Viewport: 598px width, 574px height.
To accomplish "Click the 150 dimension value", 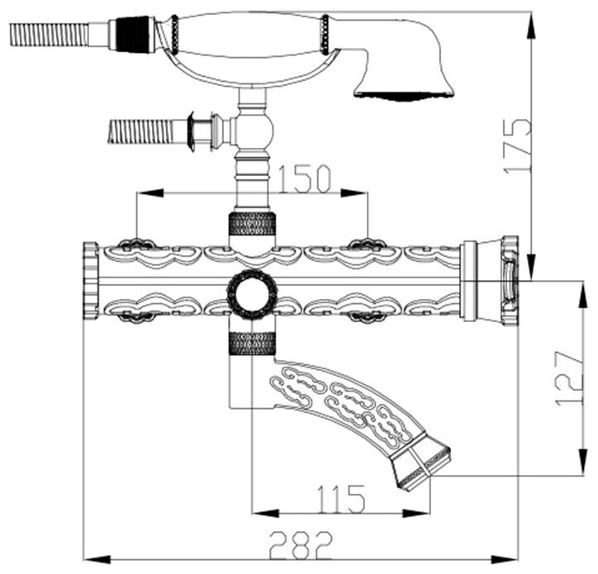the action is point(305,177).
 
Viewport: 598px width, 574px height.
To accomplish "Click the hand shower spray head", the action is point(404,79).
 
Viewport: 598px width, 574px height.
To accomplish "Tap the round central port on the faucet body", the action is point(252,292).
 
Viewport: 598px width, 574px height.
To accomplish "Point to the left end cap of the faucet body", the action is point(91,281).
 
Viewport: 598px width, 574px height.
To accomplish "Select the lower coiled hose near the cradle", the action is point(140,130).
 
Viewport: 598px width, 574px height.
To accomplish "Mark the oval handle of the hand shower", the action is point(251,37).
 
